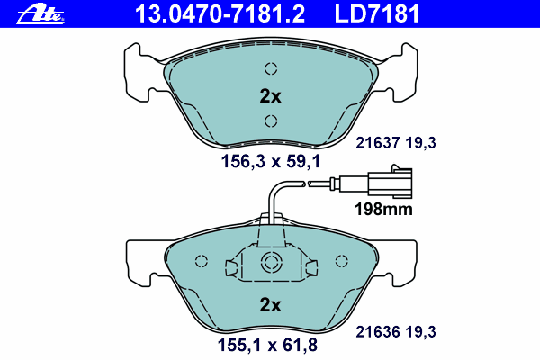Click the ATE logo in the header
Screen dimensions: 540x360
40,14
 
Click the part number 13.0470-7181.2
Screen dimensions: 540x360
220,13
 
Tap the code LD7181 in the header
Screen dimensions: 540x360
377,13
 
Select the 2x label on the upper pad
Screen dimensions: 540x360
270,96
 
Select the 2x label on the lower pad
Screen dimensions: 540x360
270,305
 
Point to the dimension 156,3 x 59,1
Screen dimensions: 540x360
271,161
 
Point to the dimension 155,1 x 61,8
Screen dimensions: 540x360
267,345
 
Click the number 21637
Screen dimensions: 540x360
377,142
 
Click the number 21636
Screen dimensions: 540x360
377,332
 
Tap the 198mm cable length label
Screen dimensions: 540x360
383,209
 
